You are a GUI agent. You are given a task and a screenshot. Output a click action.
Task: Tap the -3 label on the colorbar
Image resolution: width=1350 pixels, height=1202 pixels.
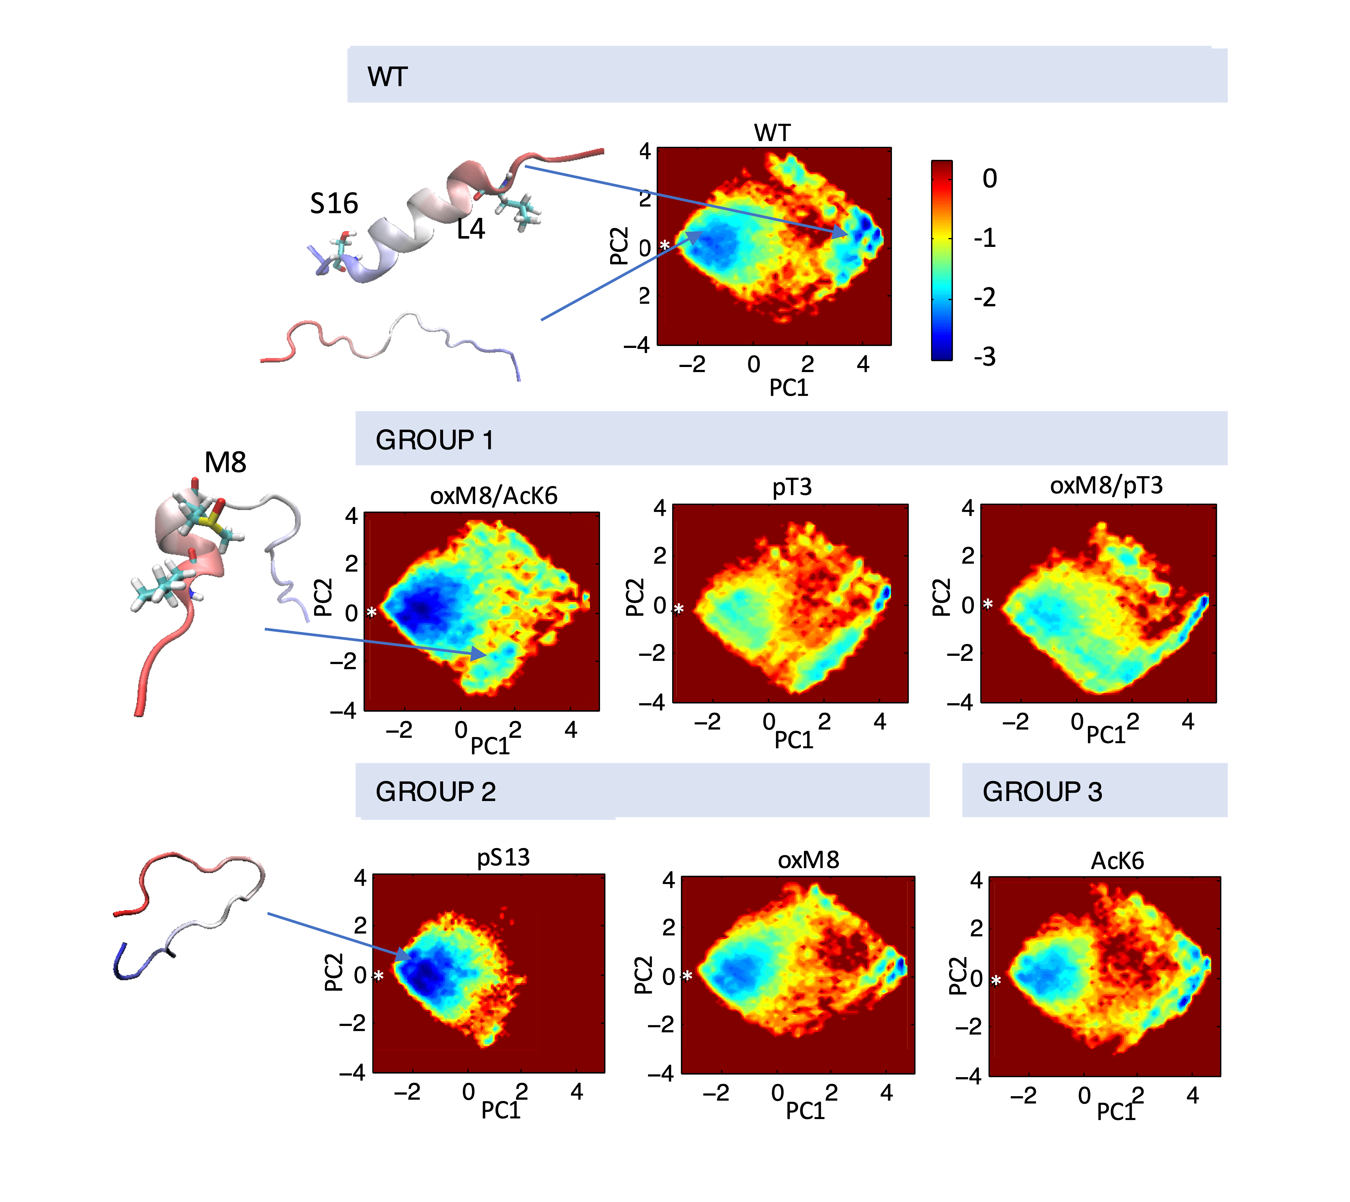point(984,357)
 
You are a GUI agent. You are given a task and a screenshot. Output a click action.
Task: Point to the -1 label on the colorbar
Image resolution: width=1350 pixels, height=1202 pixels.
point(984,238)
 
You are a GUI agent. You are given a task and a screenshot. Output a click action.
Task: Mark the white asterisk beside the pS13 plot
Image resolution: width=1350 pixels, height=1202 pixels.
point(378,976)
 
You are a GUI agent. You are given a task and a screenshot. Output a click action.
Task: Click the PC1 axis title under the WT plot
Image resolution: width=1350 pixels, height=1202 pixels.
point(789,388)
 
